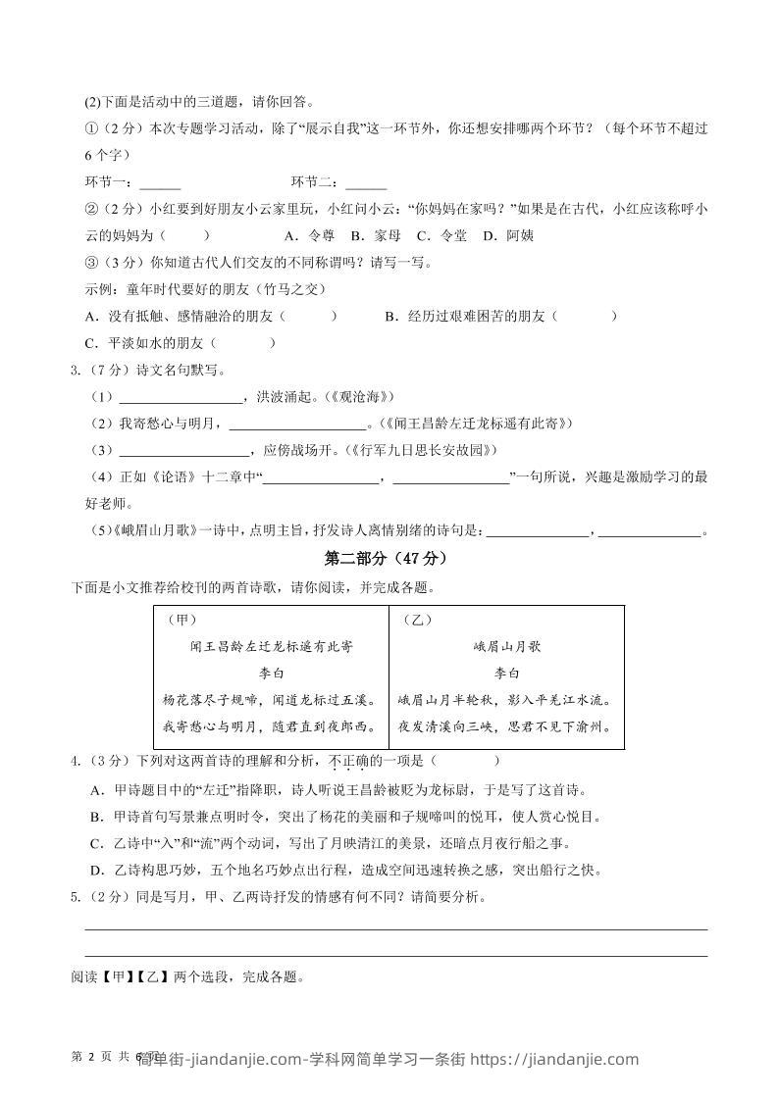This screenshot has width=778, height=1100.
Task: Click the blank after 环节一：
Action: pos(160,183)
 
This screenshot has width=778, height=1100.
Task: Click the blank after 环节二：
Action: pos(366,183)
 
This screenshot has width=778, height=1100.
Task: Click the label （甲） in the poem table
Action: pos(182,620)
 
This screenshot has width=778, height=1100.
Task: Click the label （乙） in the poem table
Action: pos(417,620)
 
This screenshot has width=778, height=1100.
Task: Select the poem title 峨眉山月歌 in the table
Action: pos(506,647)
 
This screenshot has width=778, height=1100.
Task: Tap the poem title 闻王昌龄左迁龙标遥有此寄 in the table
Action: pos(271,647)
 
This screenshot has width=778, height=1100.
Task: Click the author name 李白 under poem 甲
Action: pos(271,674)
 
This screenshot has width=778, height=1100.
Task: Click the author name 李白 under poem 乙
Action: pos(506,674)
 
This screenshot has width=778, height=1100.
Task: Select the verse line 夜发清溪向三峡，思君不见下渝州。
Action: pos(506,726)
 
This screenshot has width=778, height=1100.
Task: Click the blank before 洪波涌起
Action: pos(181,397)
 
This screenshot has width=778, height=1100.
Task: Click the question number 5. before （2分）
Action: pos(76,896)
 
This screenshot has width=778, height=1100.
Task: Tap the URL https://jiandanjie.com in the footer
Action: pos(554,1059)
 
